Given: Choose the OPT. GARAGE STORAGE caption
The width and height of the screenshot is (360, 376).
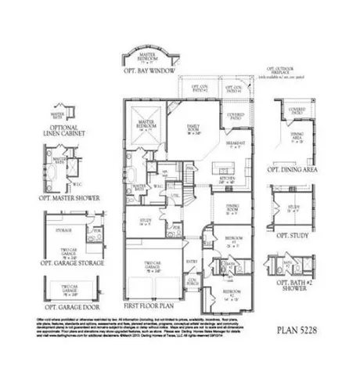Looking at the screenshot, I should coord(71,264).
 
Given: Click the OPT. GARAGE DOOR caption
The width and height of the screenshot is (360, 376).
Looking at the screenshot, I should coord(73,306).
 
